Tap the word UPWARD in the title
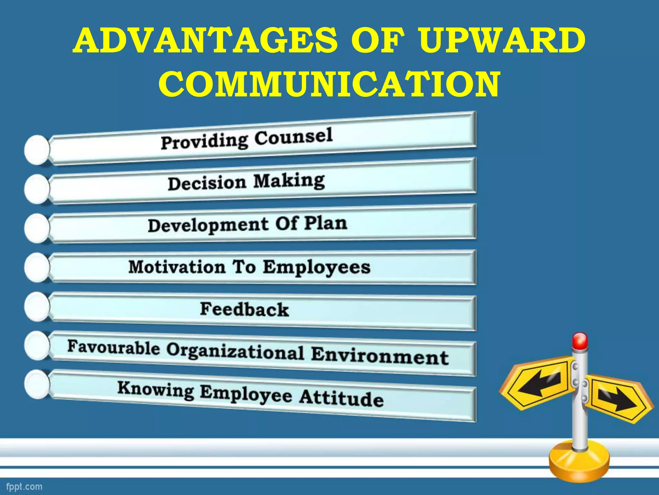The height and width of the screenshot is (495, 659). [502, 41]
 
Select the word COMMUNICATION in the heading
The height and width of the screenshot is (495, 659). [329, 84]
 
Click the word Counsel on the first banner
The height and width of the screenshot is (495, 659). [293, 137]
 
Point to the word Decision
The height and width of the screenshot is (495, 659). [207, 183]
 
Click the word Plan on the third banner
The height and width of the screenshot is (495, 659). [326, 223]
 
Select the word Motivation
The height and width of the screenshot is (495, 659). [177, 267]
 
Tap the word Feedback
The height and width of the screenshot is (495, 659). [245, 309]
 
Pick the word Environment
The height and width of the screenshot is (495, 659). [380, 355]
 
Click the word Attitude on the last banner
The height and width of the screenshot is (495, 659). [341, 398]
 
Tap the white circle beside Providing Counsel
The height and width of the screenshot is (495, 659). [37, 150]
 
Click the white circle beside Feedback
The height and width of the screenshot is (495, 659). [37, 306]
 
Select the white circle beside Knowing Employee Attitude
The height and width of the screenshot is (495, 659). [37, 384]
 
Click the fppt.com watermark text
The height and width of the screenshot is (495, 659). [24, 486]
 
